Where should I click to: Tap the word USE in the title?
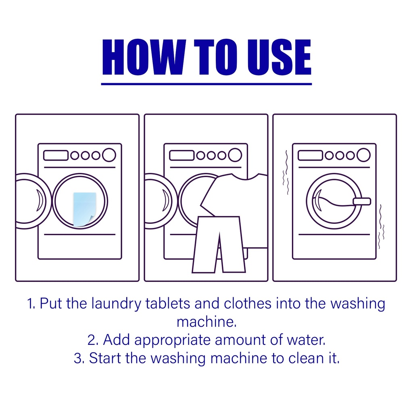279,57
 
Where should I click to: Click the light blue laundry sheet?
85,209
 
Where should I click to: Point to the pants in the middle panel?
219,244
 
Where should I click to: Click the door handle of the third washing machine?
362,202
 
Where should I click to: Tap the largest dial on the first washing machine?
109,155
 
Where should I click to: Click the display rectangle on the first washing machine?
56,155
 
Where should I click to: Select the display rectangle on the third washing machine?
310,155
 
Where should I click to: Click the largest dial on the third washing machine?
363,155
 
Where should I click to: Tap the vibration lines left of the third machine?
286,173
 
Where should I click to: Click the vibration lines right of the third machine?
381,227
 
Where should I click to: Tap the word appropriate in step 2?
172,341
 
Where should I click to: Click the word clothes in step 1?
248,303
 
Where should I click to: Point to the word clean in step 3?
306,358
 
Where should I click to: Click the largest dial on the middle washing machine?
235,155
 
